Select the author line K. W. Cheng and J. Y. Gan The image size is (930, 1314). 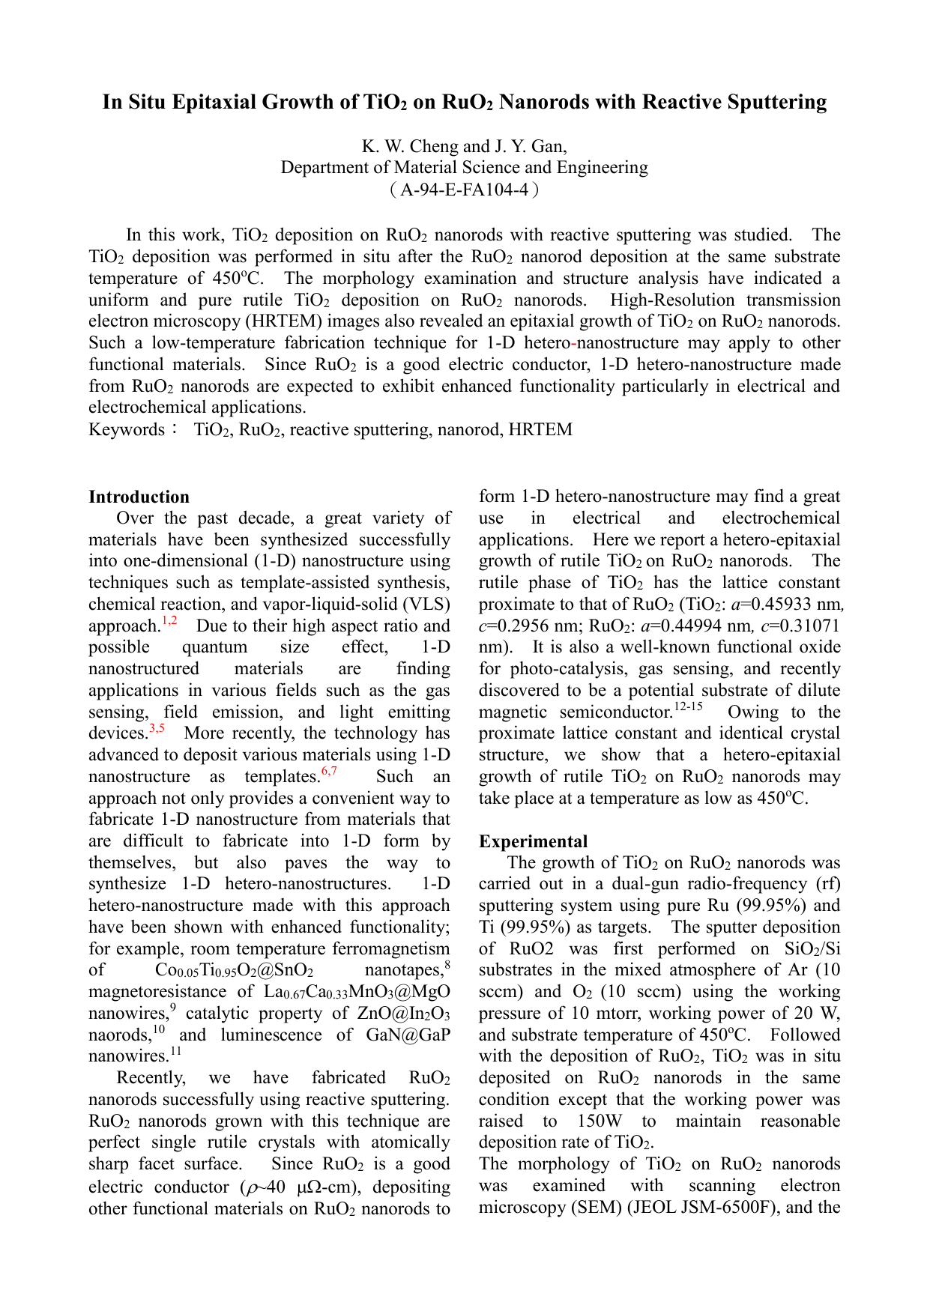[464, 146]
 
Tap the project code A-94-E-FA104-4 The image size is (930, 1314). [464, 190]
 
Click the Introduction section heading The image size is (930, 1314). [139, 497]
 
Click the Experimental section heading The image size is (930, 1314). [533, 841]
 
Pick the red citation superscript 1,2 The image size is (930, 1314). [169, 621]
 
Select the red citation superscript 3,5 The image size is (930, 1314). [157, 728]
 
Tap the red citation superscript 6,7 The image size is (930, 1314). [329, 772]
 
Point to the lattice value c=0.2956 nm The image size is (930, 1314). [522, 626]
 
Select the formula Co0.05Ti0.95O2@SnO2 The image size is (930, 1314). [234, 971]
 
